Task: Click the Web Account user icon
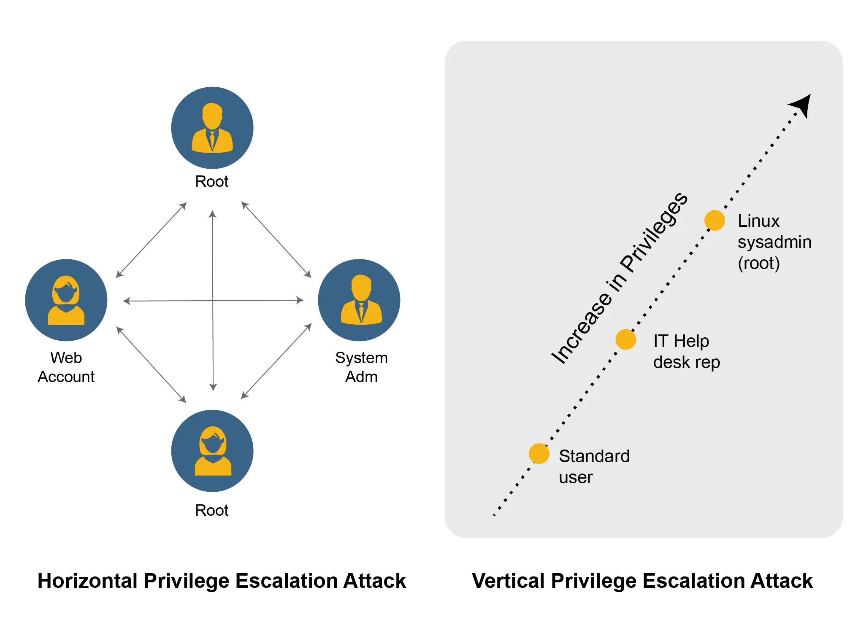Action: [66, 300]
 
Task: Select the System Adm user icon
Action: [359, 300]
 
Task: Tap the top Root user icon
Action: [212, 128]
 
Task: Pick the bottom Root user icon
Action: [212, 451]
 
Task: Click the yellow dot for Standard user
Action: [539, 454]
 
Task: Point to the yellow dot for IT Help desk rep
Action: [625, 339]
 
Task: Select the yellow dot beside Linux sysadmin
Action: [714, 221]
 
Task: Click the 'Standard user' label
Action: [594, 466]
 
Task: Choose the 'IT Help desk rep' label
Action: [686, 351]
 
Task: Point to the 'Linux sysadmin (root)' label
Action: [774, 242]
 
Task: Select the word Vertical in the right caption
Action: [508, 581]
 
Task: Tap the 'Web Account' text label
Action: [66, 367]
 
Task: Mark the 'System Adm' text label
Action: [361, 367]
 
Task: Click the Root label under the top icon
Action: [212, 182]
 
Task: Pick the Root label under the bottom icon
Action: [212, 510]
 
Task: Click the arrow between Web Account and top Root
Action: [151, 240]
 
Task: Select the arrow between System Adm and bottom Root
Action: [276, 361]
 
